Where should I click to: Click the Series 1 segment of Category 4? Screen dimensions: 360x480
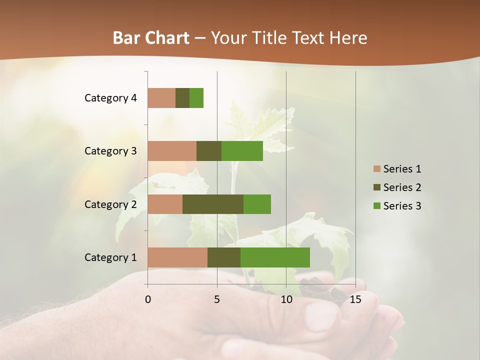(161, 98)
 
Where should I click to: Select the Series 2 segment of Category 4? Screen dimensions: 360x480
(182, 98)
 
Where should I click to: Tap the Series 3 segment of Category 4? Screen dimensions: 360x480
(196, 98)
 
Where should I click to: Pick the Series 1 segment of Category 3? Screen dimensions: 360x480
(172, 151)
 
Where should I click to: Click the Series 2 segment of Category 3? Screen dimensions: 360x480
(209, 151)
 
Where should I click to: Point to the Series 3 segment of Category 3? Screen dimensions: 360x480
(242, 151)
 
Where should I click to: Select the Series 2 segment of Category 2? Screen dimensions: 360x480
(213, 204)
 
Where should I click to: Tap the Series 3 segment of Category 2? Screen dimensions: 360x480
(257, 204)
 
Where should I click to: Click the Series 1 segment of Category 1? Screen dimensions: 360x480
(177, 257)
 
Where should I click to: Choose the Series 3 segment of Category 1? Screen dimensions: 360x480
(275, 257)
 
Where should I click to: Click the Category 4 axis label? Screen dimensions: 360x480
(110, 98)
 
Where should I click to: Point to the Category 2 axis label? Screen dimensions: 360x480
(110, 204)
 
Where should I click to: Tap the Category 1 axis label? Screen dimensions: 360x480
(110, 257)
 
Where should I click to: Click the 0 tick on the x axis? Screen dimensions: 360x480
(148, 299)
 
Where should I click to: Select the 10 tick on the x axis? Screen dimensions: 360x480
(286, 299)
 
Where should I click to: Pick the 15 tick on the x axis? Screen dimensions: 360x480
(355, 299)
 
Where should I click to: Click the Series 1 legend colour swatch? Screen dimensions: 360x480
(377, 169)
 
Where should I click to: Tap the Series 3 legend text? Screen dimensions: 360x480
(402, 206)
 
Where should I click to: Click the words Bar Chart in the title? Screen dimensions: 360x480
(151, 38)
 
